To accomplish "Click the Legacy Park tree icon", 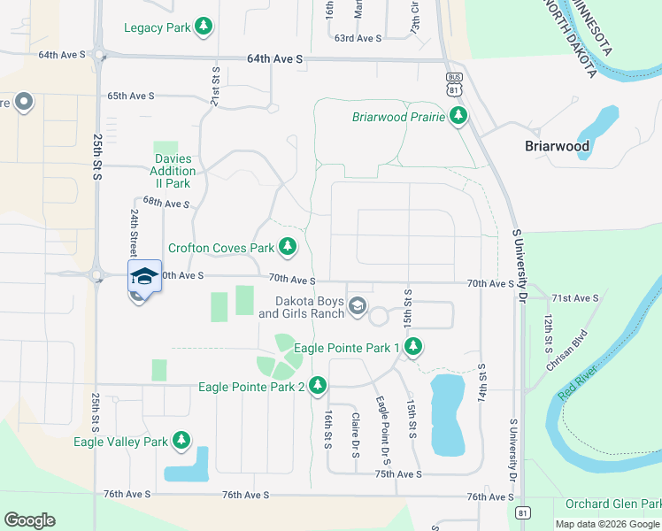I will pos(204,27).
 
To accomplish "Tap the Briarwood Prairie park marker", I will pos(458,116).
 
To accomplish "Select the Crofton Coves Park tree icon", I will pos(287,247).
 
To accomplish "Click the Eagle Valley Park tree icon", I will pos(181,440).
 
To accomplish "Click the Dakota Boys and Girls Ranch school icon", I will pos(358,306).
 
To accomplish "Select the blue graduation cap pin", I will pos(144,277).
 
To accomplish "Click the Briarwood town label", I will pos(556,146).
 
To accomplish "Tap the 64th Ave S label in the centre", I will pos(275,58).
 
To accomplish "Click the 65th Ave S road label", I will pos(130,96).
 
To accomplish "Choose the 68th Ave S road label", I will pos(166,203).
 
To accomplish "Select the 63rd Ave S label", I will pos(358,38).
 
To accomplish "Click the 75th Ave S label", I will pos(397,474).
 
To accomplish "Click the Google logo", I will pos(29,520).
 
